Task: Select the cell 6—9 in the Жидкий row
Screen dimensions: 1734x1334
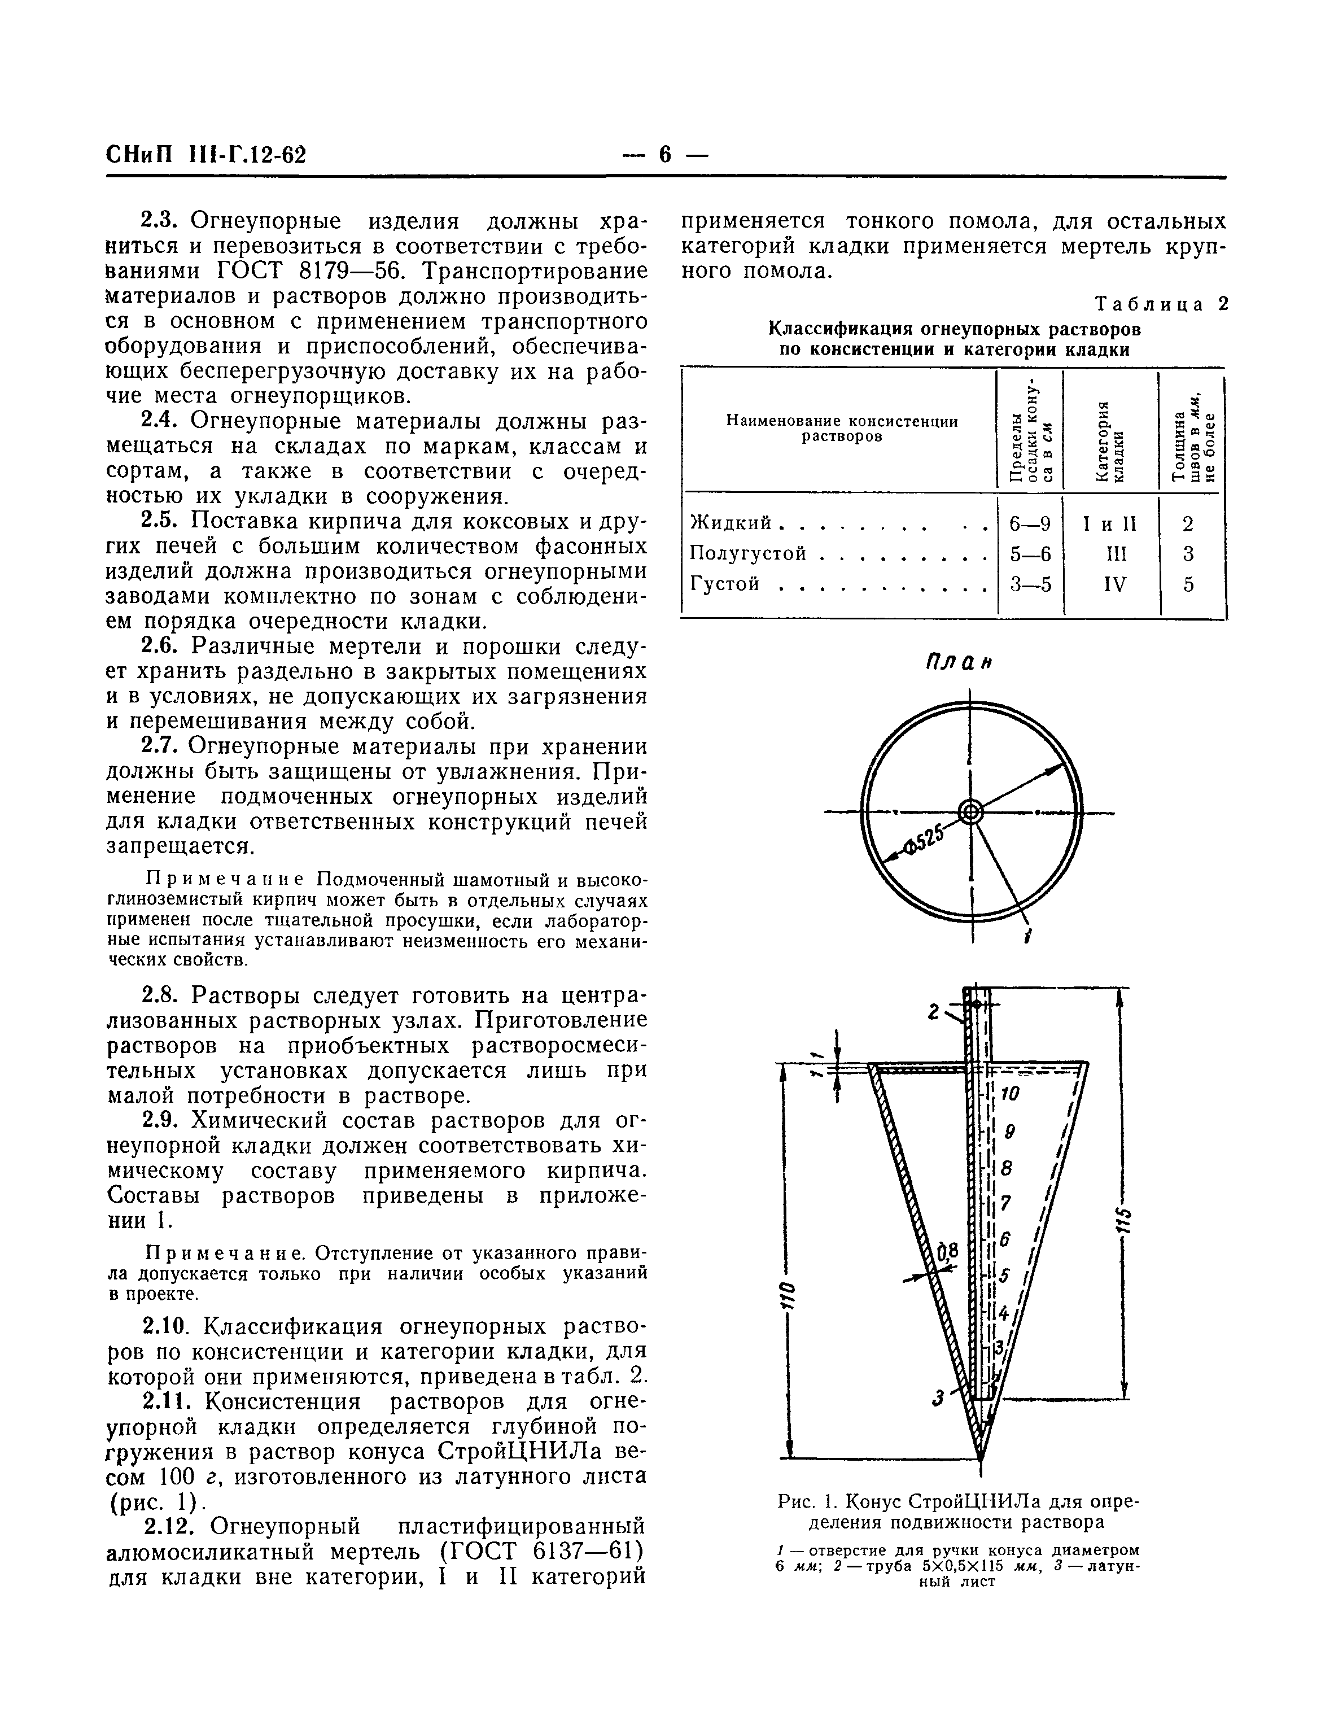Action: click(x=1030, y=524)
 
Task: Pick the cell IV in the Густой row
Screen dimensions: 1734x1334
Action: click(x=1115, y=585)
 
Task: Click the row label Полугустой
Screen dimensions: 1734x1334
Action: click(x=749, y=553)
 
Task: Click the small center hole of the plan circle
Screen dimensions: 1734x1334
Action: click(x=970, y=812)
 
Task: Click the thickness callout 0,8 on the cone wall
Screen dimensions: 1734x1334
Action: click(x=948, y=1252)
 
